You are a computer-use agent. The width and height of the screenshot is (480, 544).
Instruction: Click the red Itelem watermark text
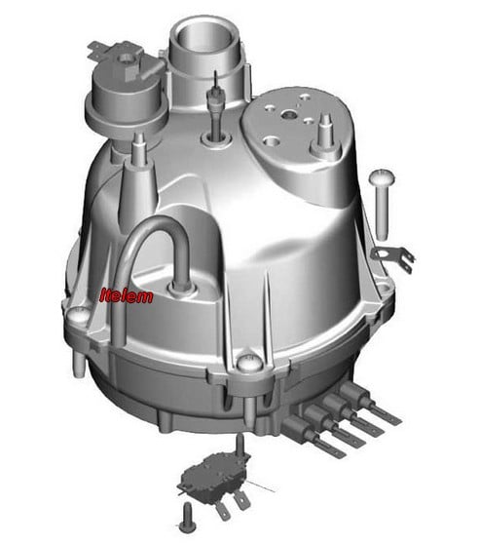coord(127,296)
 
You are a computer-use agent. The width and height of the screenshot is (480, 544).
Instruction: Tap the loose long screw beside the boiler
coord(382,203)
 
